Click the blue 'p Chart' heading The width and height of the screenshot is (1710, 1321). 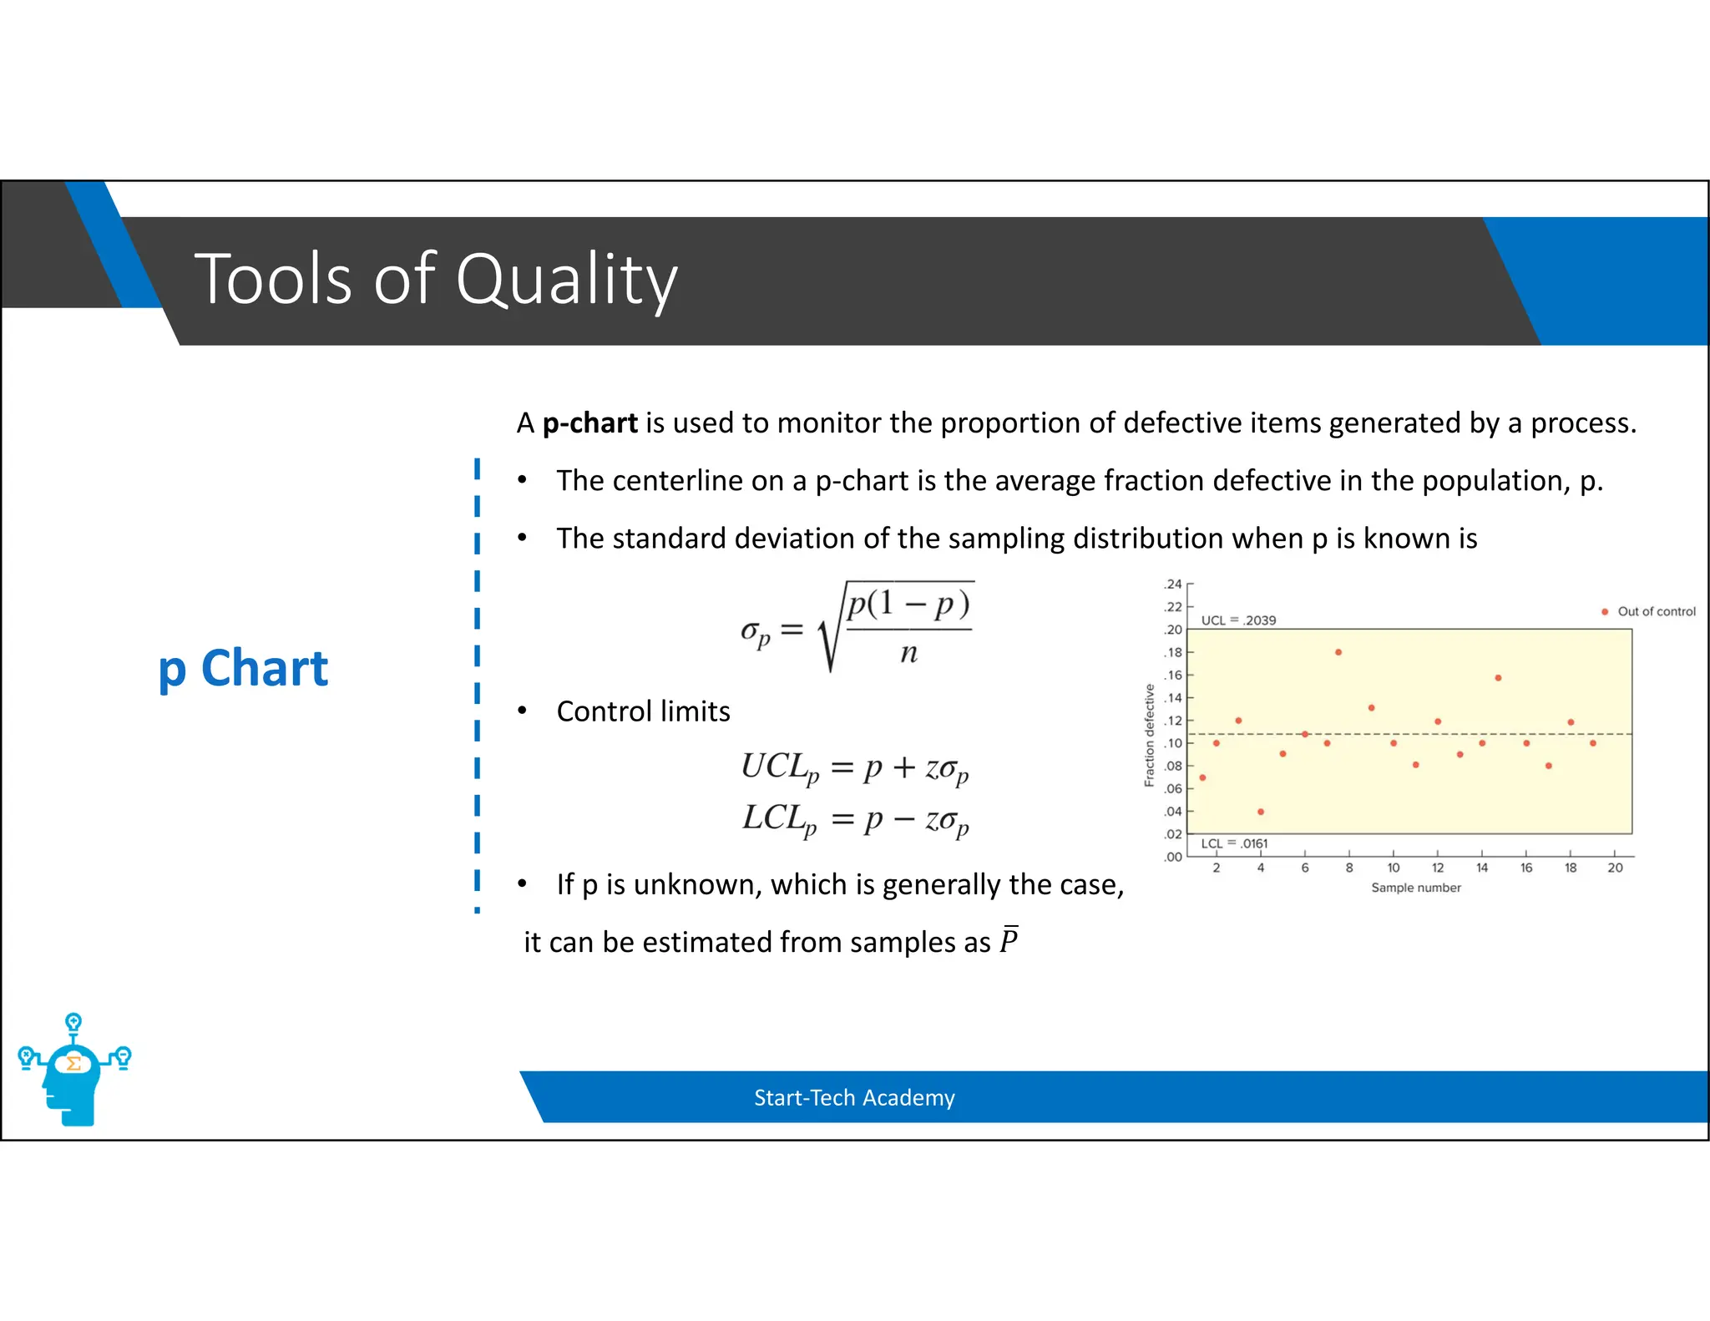pos(243,669)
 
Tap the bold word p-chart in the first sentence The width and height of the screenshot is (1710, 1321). pos(589,423)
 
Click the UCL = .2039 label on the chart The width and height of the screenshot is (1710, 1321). pos(1237,620)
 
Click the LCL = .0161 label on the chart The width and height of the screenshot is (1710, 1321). pos(1233,843)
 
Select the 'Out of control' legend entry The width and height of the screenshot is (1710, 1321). pos(1655,611)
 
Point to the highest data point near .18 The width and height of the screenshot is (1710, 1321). pos(1338,652)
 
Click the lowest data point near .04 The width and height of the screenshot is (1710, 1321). pos(1260,812)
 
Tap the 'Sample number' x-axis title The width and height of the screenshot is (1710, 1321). pos(1415,888)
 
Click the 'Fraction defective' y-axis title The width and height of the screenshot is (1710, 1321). pos(1149,735)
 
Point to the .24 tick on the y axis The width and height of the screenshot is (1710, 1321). pos(1173,584)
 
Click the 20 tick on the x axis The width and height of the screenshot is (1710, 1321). pos(1615,868)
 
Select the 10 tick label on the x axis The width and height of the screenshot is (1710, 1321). pos(1393,868)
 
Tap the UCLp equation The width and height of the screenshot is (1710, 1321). pos(854,767)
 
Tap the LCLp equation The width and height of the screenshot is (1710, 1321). pos(854,818)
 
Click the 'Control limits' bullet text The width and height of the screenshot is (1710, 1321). pos(643,711)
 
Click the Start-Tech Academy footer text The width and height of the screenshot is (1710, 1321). pos(853,1097)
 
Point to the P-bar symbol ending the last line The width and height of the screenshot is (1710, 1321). pos(1009,940)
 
